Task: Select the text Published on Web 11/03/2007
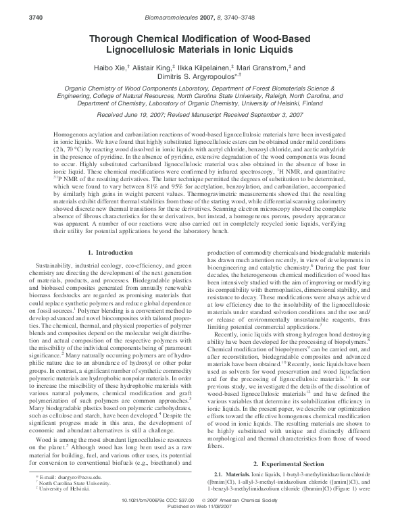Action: coord(199,524)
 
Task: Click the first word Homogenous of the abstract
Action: coord(70,135)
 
